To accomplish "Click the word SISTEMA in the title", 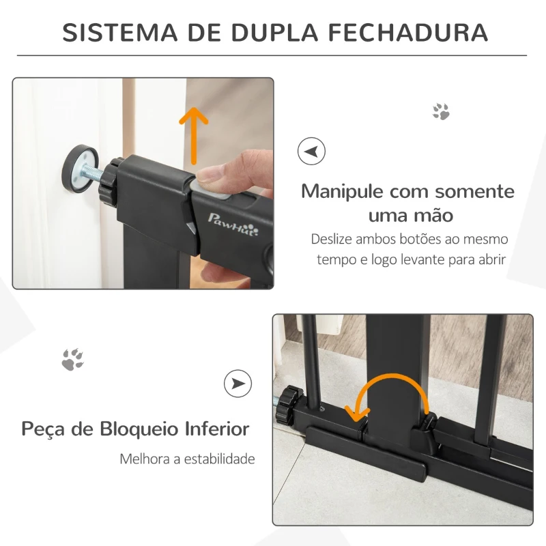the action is click(x=120, y=32).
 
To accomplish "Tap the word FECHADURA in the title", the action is click(x=408, y=32).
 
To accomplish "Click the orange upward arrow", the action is click(x=194, y=136).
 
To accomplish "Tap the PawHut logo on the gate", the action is click(x=233, y=225).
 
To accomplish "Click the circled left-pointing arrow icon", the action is click(x=311, y=151).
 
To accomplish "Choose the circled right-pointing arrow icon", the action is click(x=238, y=384).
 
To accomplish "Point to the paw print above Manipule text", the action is click(x=441, y=111).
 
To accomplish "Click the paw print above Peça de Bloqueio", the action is click(x=72, y=359).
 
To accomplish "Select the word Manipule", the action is click(x=342, y=192).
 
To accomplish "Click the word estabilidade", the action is click(x=219, y=459).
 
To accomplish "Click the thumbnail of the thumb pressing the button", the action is click(x=143, y=184).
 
